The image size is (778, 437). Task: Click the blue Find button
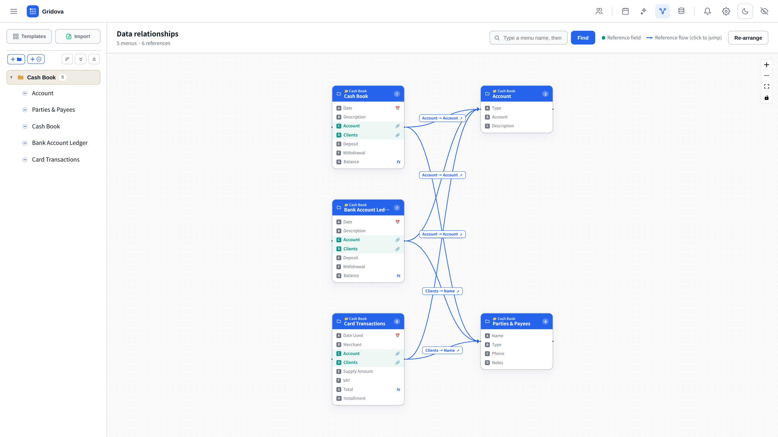(x=583, y=38)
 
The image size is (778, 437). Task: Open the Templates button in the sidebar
(x=29, y=36)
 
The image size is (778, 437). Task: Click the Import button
(x=78, y=36)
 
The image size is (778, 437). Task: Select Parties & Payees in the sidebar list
(x=53, y=110)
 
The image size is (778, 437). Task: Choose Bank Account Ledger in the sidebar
(x=60, y=143)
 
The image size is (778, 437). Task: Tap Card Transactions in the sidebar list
(x=56, y=159)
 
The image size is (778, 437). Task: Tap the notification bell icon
(x=707, y=11)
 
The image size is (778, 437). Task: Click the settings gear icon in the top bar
(x=726, y=11)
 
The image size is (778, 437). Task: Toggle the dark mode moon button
(x=745, y=11)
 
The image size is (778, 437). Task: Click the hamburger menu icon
(x=14, y=11)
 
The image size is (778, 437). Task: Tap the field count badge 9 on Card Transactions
(x=397, y=322)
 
